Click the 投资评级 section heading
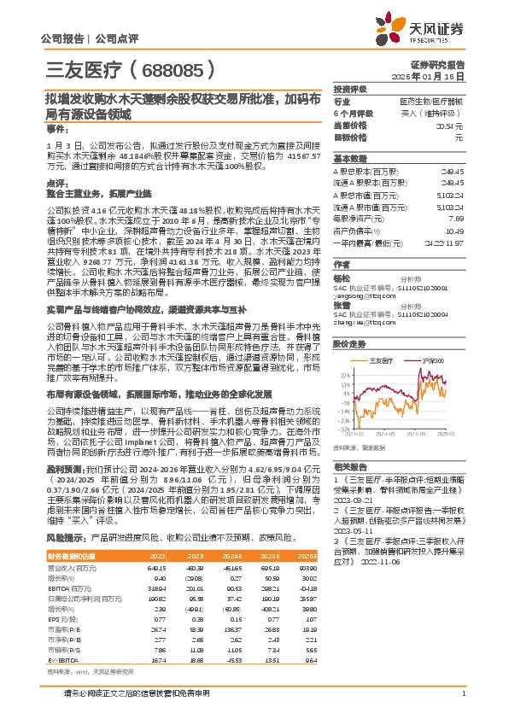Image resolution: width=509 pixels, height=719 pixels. [350, 89]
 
